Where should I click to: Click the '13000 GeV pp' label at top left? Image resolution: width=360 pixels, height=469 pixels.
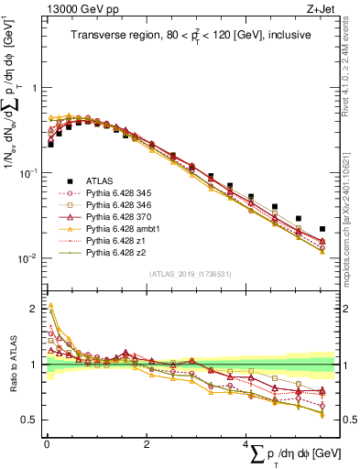(x=77, y=8)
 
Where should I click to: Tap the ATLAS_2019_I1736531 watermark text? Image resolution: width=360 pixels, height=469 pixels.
(x=191, y=274)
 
